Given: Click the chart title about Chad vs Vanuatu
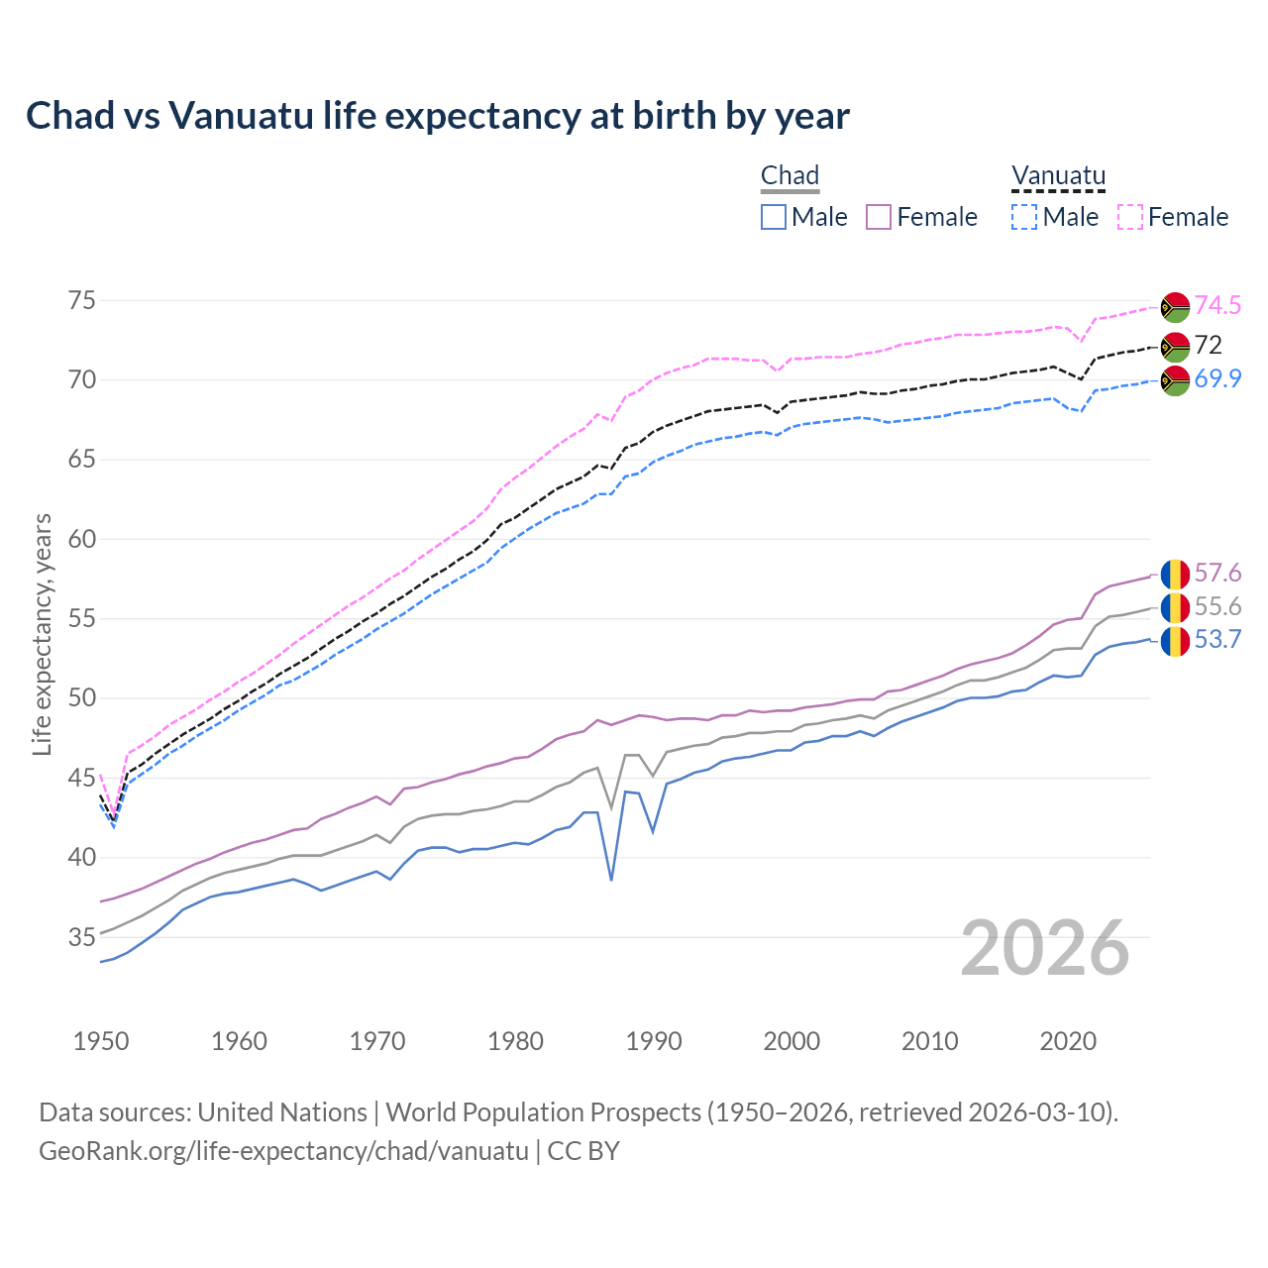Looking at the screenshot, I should point(437,116).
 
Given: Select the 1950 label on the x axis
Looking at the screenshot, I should point(101,1041).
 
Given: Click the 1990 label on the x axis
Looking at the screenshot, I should point(654,1041).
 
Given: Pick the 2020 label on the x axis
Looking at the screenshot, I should point(1068,1041).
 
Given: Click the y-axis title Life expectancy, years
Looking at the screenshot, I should point(43,634).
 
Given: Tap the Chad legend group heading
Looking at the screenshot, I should point(790,175).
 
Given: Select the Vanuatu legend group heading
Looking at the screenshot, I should point(1058,175).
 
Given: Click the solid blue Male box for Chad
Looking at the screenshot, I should point(774,217).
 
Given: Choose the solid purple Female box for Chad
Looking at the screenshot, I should point(879,217).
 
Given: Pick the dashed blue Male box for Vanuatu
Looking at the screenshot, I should point(1024,217).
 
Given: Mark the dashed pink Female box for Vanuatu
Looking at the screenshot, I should point(1130,217).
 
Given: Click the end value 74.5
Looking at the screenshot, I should point(1217,306).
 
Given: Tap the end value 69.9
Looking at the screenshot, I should point(1217,378).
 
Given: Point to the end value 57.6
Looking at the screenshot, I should point(1217,574).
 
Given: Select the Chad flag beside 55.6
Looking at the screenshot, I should point(1175,607).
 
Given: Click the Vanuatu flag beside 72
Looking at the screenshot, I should point(1175,346).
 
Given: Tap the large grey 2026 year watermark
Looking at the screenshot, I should point(1045,948).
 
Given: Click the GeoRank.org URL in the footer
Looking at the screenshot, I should point(283,1151).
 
